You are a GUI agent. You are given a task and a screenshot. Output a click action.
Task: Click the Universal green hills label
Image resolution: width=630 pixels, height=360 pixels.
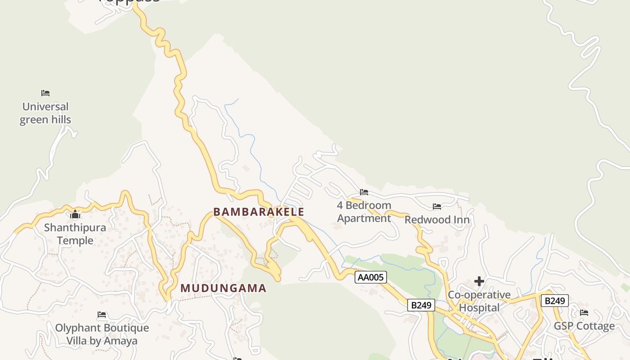45,113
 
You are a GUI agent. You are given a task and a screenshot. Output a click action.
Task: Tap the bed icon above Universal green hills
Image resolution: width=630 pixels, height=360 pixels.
45,93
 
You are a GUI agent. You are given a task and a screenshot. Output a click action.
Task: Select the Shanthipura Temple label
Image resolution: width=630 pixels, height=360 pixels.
75,234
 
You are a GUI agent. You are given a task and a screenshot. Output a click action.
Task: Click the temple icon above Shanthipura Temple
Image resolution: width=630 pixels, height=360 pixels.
75,214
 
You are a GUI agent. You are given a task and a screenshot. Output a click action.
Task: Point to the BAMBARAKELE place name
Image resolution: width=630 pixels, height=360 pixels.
259,212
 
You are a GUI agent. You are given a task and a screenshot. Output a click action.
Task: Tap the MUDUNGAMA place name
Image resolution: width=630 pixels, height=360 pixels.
224,288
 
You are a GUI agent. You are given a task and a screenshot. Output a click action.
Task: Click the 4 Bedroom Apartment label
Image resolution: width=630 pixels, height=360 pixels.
364,212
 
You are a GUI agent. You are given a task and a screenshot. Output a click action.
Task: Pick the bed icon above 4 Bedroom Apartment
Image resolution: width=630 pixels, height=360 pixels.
364,192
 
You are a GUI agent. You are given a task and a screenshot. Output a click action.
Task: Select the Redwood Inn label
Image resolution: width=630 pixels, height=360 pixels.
437,220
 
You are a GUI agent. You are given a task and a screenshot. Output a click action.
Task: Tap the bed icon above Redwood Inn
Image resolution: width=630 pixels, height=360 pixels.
437,207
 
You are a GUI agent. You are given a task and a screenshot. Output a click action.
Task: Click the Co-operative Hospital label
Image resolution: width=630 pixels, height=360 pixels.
479,301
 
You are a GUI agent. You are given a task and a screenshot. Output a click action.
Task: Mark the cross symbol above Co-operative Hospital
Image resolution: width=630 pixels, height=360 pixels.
479,281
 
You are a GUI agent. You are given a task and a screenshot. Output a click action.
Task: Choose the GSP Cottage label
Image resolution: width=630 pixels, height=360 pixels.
584,326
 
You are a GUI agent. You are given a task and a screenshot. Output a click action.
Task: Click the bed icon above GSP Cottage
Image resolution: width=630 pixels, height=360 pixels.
584,313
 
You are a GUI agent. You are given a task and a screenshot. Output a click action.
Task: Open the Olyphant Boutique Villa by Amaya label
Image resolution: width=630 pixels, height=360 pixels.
102,334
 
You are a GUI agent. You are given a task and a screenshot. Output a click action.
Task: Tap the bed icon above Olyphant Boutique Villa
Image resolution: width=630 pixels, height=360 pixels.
102,315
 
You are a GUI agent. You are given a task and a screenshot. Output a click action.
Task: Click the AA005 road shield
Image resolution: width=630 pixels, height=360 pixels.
371,277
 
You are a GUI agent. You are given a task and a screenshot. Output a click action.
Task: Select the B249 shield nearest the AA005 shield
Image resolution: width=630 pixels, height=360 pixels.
421,305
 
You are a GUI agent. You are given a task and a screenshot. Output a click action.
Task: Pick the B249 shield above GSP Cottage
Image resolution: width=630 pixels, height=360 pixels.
554,301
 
